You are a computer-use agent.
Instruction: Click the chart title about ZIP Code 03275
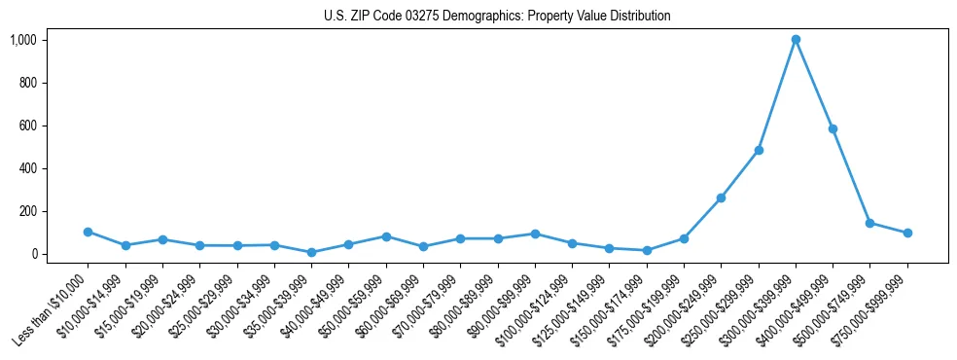click(497, 17)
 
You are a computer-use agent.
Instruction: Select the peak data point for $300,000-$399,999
click(796, 40)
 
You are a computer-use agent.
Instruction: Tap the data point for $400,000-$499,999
click(833, 128)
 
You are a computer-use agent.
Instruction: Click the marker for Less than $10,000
click(88, 232)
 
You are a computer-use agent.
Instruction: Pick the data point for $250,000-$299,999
click(759, 150)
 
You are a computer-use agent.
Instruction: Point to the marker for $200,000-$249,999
click(721, 198)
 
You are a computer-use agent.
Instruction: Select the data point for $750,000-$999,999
click(907, 233)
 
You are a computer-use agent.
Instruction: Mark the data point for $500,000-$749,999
click(869, 223)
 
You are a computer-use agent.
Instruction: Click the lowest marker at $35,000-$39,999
click(311, 252)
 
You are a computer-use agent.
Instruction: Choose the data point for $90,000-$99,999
click(535, 234)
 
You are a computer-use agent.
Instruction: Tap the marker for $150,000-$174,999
click(647, 250)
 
